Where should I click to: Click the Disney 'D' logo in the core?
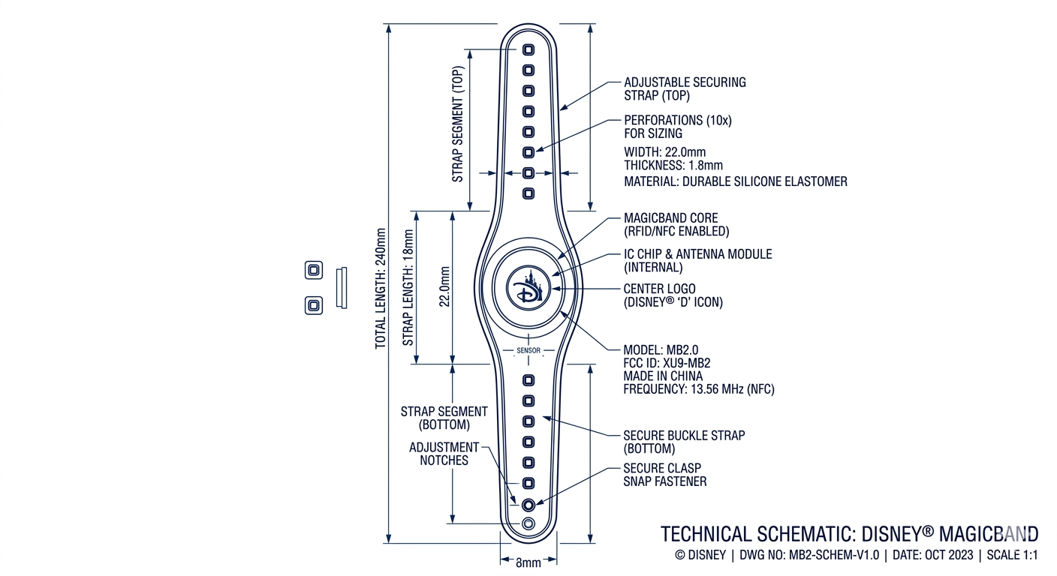pyautogui.click(x=528, y=288)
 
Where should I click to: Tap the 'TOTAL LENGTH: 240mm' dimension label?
pyautogui.click(x=381, y=288)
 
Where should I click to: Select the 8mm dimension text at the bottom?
pyautogui.click(x=528, y=562)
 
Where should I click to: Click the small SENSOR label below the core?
pyautogui.click(x=528, y=350)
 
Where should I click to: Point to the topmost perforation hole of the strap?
pyautogui.click(x=528, y=49)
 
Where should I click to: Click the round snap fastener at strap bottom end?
pyautogui.click(x=528, y=504)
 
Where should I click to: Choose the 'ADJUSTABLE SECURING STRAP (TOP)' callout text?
pyautogui.click(x=685, y=88)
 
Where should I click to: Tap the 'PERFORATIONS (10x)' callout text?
pyautogui.click(x=677, y=120)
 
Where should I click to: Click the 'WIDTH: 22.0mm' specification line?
pyautogui.click(x=664, y=152)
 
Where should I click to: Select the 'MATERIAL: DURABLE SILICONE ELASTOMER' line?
pyautogui.click(x=735, y=181)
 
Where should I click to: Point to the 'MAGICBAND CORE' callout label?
pyautogui.click(x=670, y=218)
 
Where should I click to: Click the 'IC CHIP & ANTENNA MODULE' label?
pyautogui.click(x=697, y=254)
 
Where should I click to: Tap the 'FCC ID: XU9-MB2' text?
pyautogui.click(x=667, y=363)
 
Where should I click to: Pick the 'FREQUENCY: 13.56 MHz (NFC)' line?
pyautogui.click(x=698, y=389)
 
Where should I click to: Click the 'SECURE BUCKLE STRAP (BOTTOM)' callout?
pyautogui.click(x=684, y=442)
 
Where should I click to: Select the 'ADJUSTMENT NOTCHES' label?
pyautogui.click(x=444, y=454)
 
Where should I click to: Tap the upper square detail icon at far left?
pyautogui.click(x=314, y=271)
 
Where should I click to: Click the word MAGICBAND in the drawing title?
pyautogui.click(x=989, y=534)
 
